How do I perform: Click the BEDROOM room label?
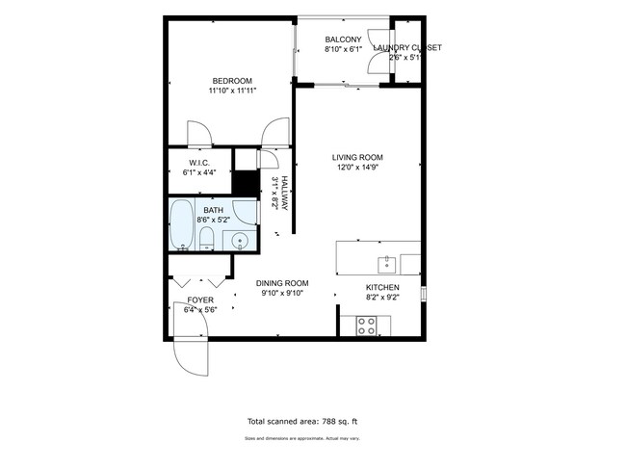point(231,80)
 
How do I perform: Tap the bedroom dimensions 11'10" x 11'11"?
point(231,91)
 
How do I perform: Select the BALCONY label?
point(342,39)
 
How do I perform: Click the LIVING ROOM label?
point(357,157)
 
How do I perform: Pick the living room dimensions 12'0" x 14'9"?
point(357,168)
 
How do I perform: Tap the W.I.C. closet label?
point(199,163)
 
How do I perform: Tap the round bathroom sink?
point(241,241)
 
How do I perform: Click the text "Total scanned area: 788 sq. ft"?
point(302,422)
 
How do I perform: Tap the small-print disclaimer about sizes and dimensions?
point(302,439)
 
